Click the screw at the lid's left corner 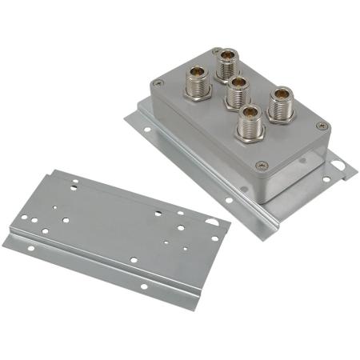click(x=157, y=82)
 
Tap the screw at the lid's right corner click(x=322, y=126)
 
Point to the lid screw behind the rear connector click(x=217, y=52)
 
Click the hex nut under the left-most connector click(x=197, y=91)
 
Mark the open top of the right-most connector click(x=282, y=94)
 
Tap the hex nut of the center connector click(x=235, y=102)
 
